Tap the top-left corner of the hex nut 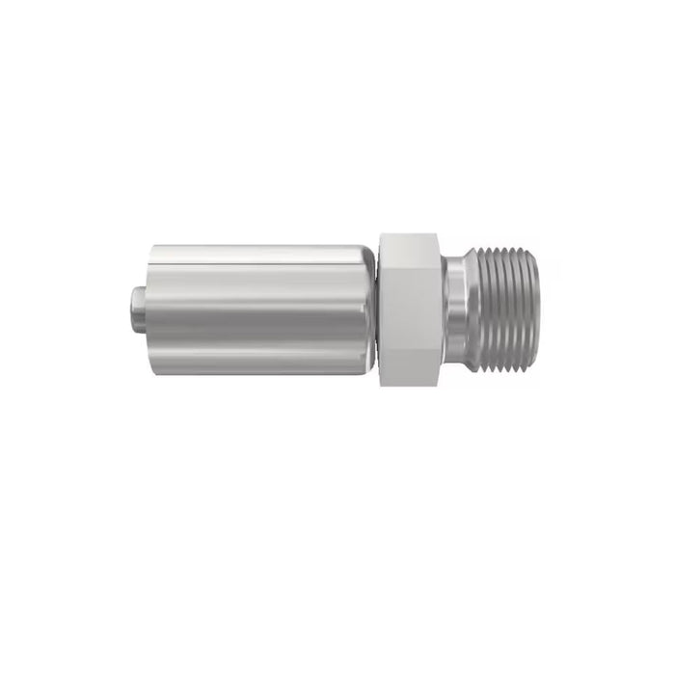click(x=380, y=234)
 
